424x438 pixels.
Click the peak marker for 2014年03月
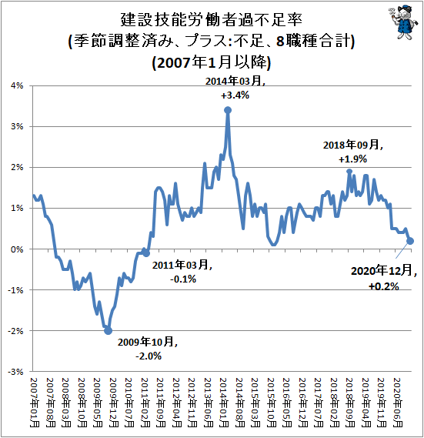[228, 110]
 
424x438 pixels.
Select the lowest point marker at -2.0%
[108, 331]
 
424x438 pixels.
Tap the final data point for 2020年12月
[410, 241]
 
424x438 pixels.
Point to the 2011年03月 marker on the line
[146, 253]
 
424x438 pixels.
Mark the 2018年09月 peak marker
[349, 172]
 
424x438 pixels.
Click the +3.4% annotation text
[235, 95]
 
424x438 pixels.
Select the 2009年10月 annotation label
[148, 342]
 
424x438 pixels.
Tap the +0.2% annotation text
[384, 286]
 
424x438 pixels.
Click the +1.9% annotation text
[352, 159]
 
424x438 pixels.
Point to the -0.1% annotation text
[183, 279]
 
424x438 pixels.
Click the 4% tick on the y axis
[17, 85]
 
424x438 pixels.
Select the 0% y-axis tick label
[17, 249]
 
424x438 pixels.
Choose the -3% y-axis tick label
[15, 372]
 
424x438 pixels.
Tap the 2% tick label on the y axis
[17, 168]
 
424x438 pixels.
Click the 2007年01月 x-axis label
[35, 403]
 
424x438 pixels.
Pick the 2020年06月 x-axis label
[398, 403]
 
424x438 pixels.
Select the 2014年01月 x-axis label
[224, 403]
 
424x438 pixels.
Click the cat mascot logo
[403, 22]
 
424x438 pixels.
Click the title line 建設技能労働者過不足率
[212, 20]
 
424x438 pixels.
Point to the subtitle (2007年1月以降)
[212, 62]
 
